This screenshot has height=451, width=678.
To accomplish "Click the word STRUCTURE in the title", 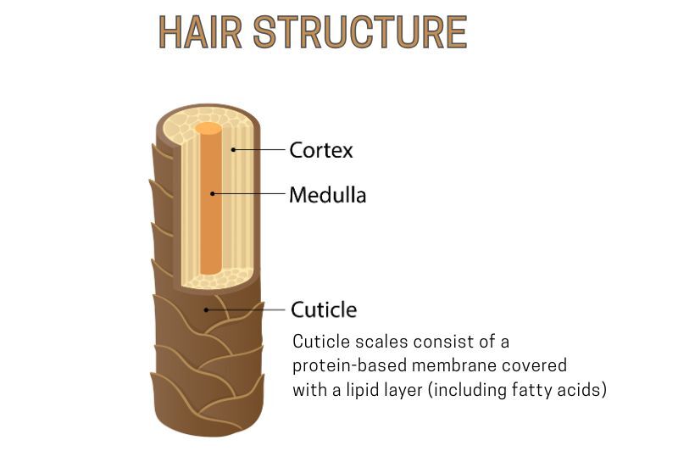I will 360,32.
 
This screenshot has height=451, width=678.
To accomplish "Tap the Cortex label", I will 321,151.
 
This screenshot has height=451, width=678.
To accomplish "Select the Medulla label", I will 327,195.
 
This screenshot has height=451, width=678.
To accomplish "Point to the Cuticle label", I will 323,309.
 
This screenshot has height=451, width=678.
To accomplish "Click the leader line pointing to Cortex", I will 258,151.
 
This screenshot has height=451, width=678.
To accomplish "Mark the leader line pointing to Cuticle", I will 245,309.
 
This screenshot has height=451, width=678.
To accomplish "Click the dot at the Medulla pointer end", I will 213,194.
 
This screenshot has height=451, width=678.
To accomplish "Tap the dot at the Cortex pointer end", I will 233,151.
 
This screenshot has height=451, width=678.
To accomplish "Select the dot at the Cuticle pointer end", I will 205,310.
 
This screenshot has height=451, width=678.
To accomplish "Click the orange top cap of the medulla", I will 208,130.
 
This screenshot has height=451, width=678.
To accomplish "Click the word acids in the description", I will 582,391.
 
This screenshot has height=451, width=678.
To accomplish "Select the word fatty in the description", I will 534,391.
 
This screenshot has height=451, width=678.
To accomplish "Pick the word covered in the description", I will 536,365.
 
